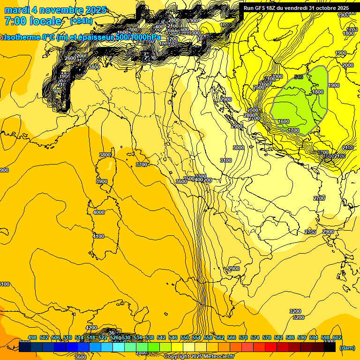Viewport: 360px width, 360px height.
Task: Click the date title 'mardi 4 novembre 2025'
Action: coord(55,10)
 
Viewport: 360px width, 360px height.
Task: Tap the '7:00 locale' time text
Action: coord(33,21)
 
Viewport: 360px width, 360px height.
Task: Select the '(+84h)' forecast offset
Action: coord(81,21)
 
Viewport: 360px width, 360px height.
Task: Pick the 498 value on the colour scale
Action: coord(32,337)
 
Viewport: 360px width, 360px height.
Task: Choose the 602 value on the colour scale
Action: coord(337,337)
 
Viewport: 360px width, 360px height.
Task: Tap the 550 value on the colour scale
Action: coord(185,337)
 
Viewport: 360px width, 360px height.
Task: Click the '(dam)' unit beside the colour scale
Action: coord(347,348)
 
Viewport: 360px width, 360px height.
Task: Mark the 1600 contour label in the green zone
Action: coord(284,121)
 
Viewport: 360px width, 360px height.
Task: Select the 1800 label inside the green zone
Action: coord(318,92)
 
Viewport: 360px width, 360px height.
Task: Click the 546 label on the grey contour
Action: coord(299,76)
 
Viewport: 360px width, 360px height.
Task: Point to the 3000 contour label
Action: coord(239,148)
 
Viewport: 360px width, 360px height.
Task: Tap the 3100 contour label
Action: coord(226,160)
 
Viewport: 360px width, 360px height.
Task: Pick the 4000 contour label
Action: coord(99,212)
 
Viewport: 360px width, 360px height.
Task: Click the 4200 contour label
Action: coord(91,328)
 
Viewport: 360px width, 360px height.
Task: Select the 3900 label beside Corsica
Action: coord(101,181)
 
